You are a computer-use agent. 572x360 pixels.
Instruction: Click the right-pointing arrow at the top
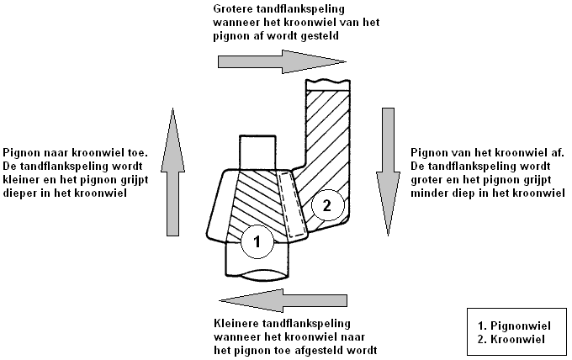tap(282, 61)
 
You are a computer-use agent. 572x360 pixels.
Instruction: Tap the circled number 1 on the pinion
tap(257, 243)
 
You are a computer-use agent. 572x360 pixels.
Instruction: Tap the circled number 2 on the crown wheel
tap(328, 204)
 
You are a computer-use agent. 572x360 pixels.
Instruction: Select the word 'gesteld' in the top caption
tap(325, 38)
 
